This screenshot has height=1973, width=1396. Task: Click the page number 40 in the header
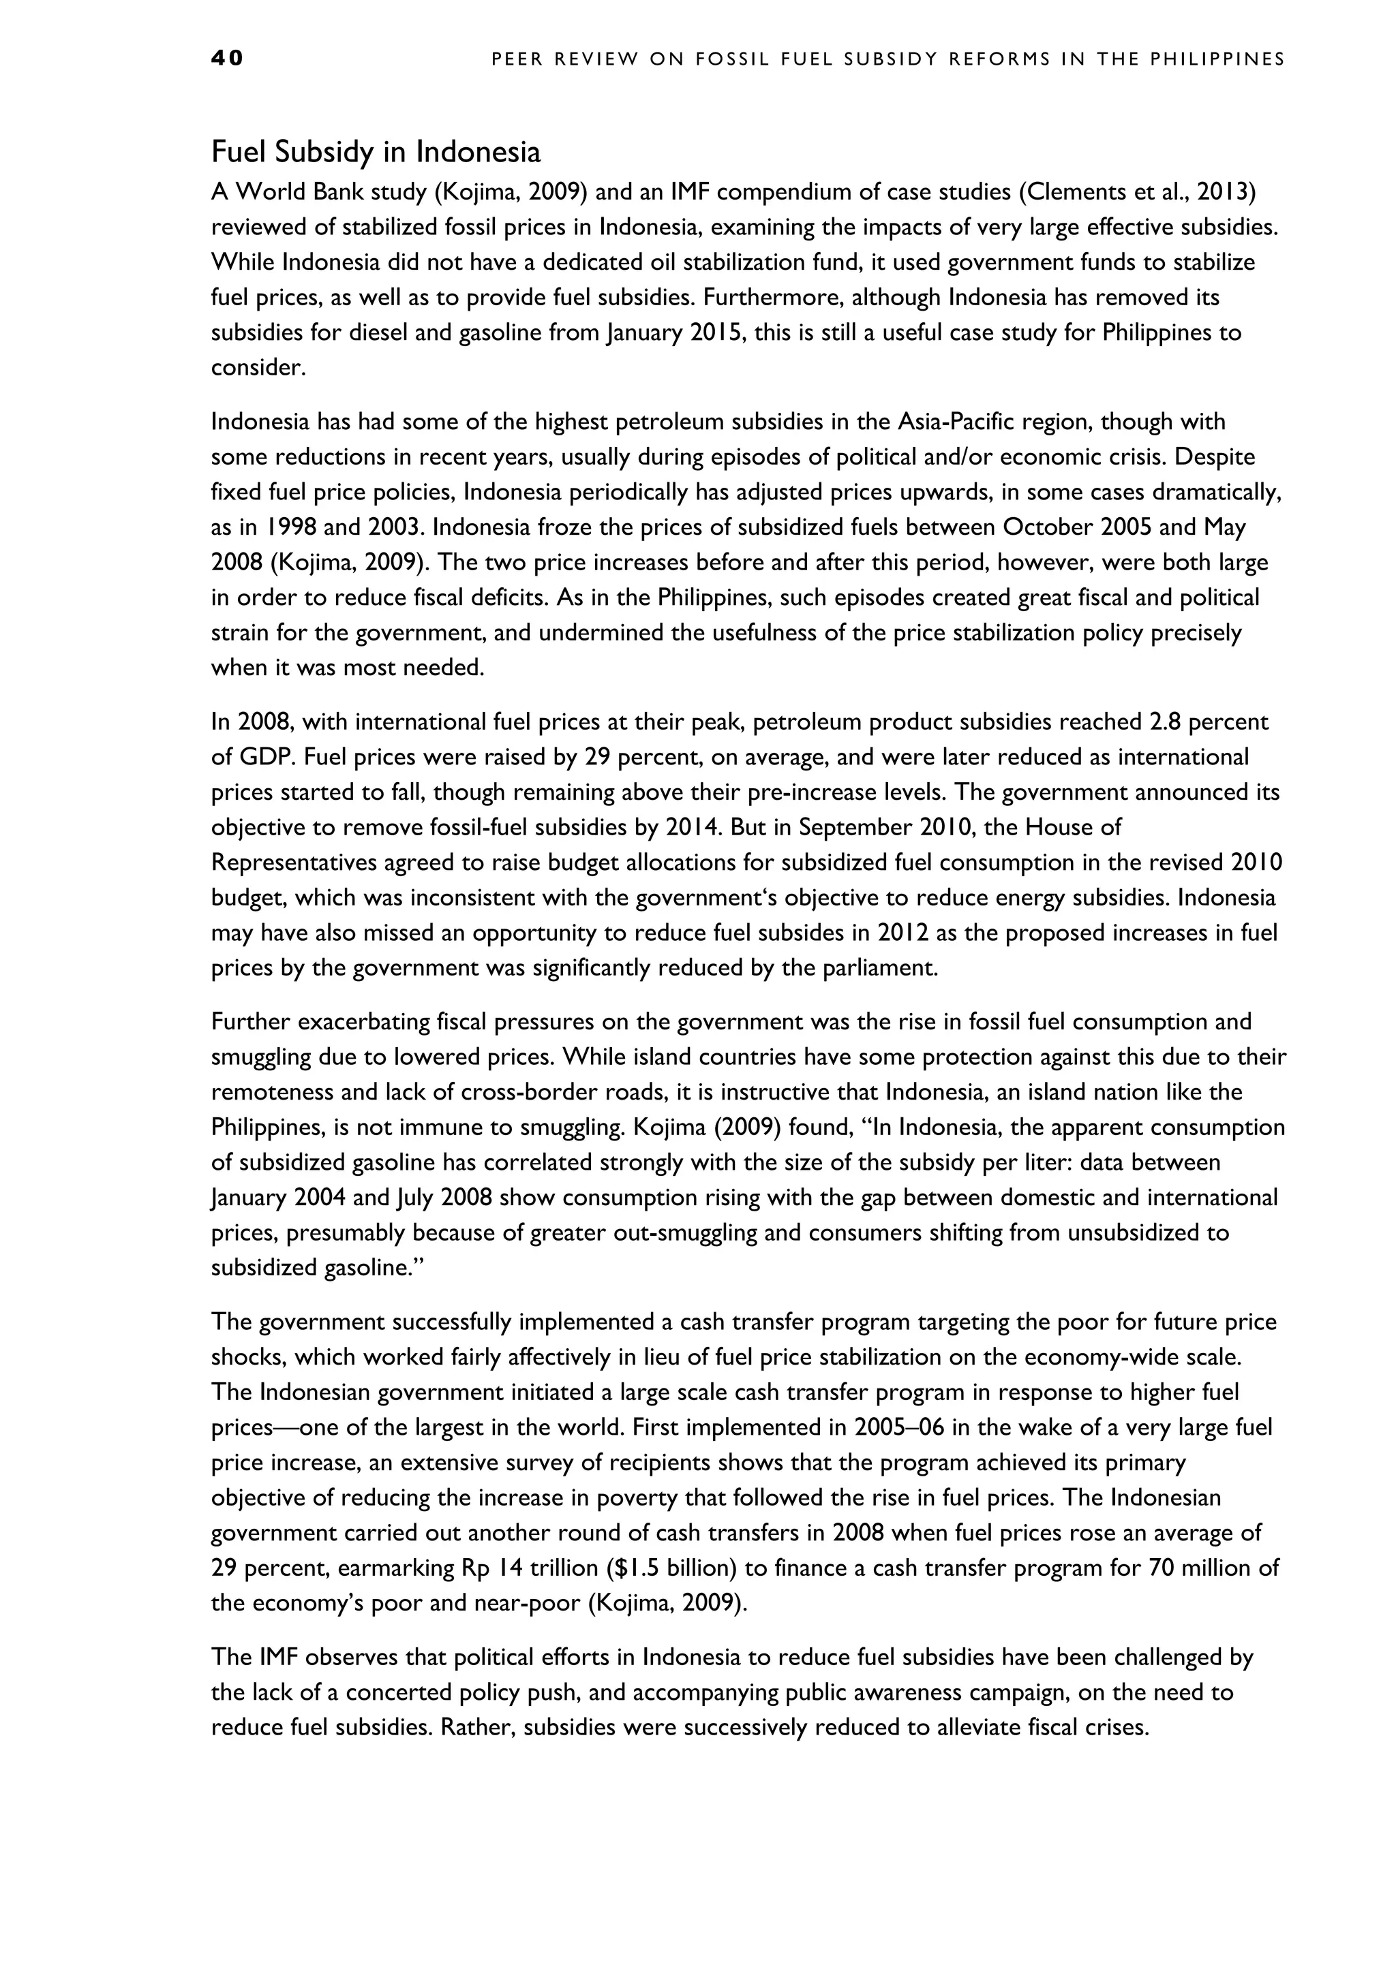coord(227,59)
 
